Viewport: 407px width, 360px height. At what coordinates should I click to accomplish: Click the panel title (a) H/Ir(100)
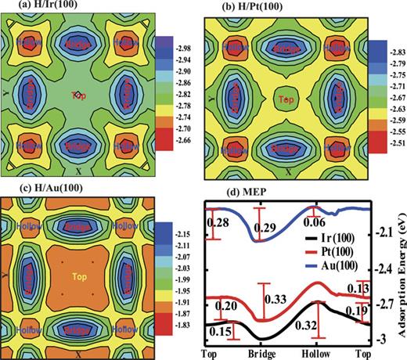click(34, 7)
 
